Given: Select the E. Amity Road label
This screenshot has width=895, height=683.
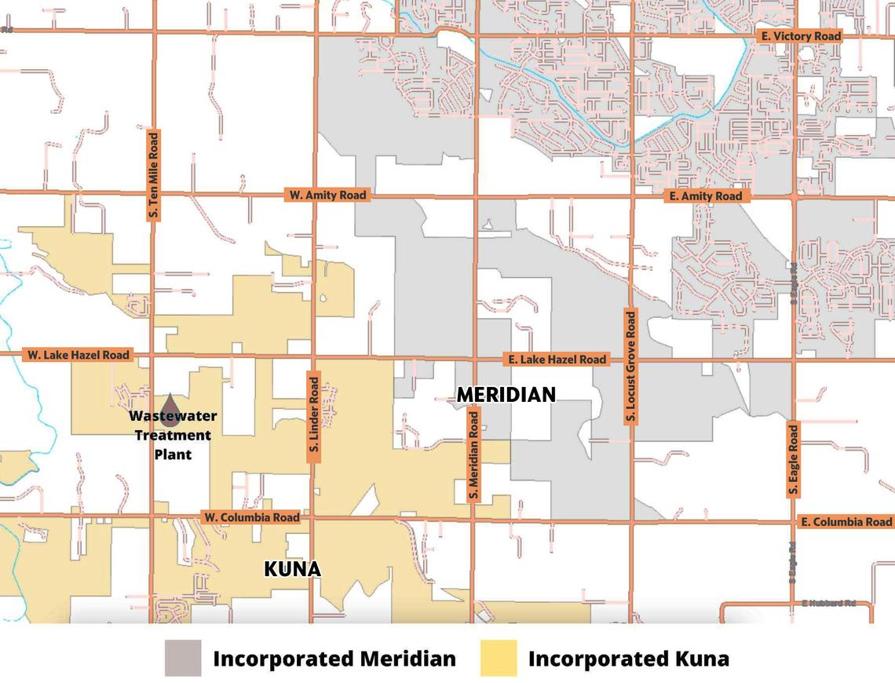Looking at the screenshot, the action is coord(705,196).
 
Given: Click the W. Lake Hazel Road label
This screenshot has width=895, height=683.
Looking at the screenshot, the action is coord(78,355).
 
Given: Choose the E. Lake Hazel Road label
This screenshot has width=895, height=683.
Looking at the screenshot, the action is coord(557,359).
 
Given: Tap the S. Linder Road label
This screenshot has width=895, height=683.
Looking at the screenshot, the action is coord(314,415).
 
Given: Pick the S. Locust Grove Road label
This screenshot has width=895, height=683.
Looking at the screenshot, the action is coord(630,367).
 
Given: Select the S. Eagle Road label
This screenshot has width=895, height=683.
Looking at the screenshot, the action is coord(794,461).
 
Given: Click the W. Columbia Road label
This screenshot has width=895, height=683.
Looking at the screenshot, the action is coord(251,517).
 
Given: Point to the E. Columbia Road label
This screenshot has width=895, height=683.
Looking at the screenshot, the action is coord(846,522).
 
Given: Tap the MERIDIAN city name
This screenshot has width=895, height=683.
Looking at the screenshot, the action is coord(506,395).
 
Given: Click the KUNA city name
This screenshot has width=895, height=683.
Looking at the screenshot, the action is coord(292,569).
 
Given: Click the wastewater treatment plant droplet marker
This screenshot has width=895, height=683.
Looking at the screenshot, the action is coord(170,400).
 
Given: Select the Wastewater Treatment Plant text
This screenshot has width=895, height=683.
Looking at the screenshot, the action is coord(173,435).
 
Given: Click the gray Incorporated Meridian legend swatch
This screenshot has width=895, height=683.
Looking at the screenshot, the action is coord(182,658).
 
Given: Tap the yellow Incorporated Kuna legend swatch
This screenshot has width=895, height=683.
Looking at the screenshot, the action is coord(499,658).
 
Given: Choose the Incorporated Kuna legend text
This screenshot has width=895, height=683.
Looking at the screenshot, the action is coord(628,659).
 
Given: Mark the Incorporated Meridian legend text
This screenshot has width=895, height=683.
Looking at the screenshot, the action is coord(334,659).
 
